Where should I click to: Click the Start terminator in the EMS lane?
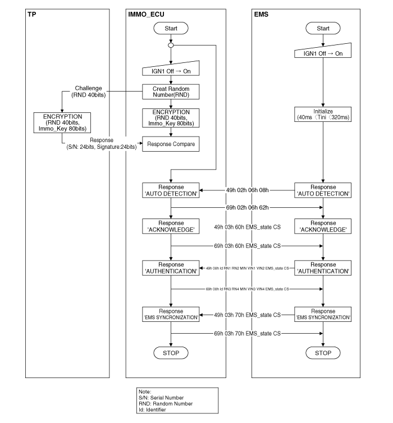click(x=323, y=28)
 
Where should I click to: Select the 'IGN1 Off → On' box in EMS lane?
click(x=323, y=53)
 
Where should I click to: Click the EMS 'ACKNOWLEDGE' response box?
click(x=323, y=226)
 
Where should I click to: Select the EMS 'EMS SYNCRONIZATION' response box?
click(x=323, y=314)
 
